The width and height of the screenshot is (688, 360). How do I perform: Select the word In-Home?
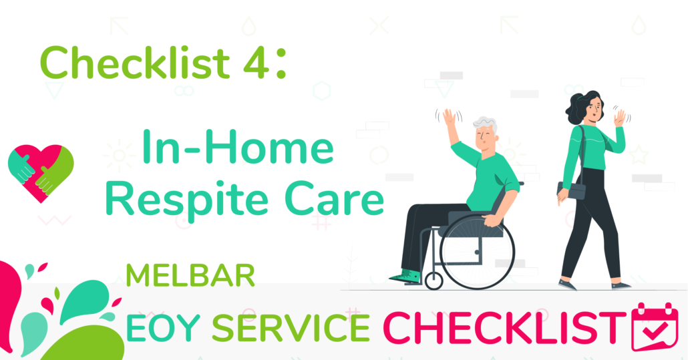[x=237, y=147]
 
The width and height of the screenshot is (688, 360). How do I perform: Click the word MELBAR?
[x=190, y=275]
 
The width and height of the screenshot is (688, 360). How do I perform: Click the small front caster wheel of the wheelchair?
[x=434, y=281]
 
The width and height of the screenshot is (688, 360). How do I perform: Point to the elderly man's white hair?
[x=486, y=124]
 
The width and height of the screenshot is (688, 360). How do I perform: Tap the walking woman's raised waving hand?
[x=619, y=118]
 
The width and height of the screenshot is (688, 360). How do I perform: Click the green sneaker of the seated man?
[x=405, y=278]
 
